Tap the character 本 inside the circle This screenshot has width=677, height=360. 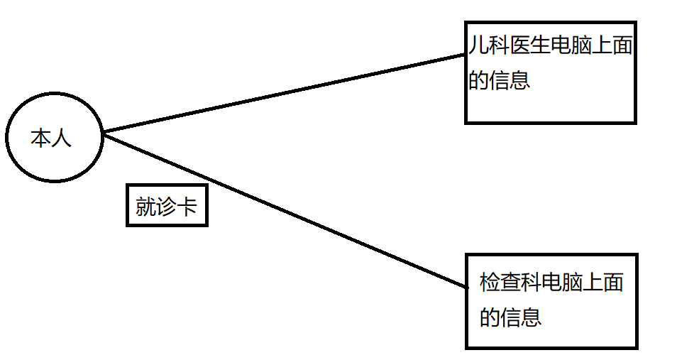(x=41, y=138)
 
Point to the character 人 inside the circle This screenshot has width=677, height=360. (x=62, y=138)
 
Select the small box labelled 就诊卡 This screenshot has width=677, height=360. (x=167, y=206)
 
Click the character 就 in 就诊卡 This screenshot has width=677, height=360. (x=145, y=207)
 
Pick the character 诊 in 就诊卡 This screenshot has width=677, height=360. (x=166, y=207)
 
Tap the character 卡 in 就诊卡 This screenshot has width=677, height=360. (x=187, y=207)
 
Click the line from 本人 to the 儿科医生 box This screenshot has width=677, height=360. (x=284, y=93)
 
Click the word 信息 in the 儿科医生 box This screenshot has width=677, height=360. (x=510, y=79)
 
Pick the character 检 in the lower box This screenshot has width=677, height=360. (x=490, y=283)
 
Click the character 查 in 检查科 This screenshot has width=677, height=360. (x=510, y=283)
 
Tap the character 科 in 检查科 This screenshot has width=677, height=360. (x=531, y=283)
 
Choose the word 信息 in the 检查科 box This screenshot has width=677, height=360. (x=521, y=316)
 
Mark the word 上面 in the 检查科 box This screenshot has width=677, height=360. (x=603, y=283)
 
